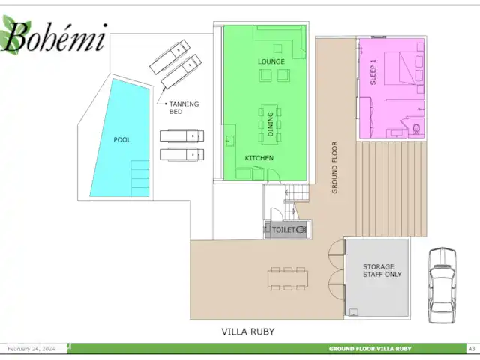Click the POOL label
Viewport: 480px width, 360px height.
coord(121,140)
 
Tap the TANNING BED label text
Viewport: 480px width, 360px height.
coord(184,108)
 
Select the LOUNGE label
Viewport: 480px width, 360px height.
coord(271,61)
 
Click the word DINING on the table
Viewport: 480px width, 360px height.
coord(271,124)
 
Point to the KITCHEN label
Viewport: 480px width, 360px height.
coord(259,158)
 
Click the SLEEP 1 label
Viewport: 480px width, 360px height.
coord(373,72)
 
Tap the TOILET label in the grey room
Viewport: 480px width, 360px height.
coord(283,229)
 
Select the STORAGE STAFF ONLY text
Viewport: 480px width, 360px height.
coord(382,270)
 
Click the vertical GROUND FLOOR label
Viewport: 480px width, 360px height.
coord(334,167)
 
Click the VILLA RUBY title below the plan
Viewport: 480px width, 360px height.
coord(248,331)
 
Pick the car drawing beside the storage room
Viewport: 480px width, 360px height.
coord(442,285)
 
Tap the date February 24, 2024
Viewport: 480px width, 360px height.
coord(31,349)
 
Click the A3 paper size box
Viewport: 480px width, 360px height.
coord(472,349)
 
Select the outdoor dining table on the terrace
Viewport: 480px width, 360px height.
coord(288,278)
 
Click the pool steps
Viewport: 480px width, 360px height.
coord(140,178)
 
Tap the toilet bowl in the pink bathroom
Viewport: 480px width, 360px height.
coord(416,129)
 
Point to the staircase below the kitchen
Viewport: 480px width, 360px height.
coord(296,202)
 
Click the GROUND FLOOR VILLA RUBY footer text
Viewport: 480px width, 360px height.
coord(370,349)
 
